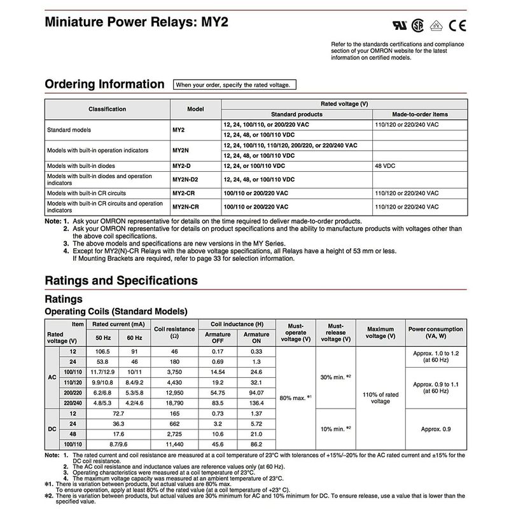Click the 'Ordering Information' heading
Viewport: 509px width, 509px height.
pos(104,85)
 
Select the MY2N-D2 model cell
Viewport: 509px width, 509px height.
pos(185,179)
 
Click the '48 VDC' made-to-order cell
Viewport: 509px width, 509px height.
pos(387,165)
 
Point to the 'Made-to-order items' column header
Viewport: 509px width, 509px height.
pos(420,115)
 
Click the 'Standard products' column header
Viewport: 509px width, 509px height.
pos(296,115)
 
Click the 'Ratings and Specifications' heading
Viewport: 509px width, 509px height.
pos(121,281)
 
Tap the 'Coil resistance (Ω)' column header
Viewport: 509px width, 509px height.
pos(174,332)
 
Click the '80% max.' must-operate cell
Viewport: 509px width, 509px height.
pos(296,398)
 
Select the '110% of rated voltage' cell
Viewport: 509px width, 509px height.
pos(380,398)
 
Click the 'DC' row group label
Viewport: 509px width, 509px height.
pos(52,429)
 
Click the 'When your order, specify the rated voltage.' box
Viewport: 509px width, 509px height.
pos(233,85)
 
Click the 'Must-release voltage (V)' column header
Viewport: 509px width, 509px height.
pos(335,332)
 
